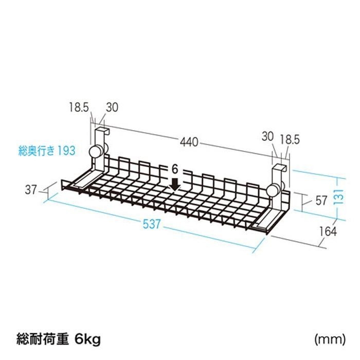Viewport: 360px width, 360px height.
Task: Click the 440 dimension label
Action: [x=189, y=142]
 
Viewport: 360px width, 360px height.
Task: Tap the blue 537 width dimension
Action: [x=152, y=224]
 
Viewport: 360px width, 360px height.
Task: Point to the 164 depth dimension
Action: [x=328, y=231]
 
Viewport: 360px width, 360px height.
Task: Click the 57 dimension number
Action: [x=321, y=201]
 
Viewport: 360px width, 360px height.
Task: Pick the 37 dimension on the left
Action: [x=31, y=190]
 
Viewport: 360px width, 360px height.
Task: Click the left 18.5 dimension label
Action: [x=79, y=107]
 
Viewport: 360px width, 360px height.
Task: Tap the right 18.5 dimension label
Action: [x=290, y=139]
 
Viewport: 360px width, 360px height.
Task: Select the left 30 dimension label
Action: [x=112, y=107]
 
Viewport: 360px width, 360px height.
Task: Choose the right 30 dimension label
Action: [x=268, y=137]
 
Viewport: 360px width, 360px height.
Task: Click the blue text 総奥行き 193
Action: [x=47, y=151]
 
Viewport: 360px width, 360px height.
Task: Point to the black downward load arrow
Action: [x=175, y=184]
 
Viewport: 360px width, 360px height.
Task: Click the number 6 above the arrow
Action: [x=175, y=169]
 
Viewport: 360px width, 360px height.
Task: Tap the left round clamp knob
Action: [x=95, y=152]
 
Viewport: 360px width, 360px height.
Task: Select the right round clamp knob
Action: [x=273, y=190]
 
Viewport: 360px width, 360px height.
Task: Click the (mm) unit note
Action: [x=330, y=339]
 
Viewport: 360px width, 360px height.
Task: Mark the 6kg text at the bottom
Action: [x=88, y=339]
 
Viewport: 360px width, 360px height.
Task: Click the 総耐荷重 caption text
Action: [x=43, y=339]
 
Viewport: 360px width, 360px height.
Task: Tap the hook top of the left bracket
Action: [x=102, y=130]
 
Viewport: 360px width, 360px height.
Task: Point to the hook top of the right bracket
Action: [x=279, y=167]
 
